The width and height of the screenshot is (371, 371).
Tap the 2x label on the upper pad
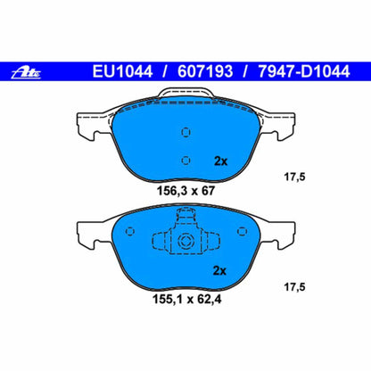tap(221, 161)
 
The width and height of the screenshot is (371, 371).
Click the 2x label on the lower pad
tap(221, 271)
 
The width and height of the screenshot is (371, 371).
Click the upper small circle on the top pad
tap(185, 133)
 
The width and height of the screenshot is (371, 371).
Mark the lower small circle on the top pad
tap(185, 161)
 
